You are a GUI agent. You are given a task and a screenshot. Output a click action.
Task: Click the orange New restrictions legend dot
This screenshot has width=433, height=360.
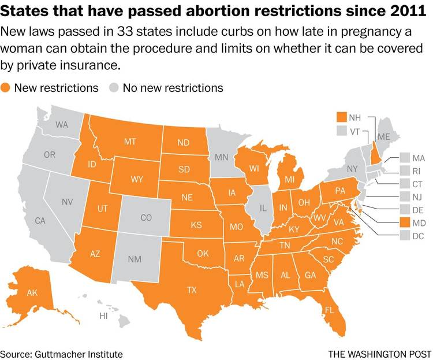coord(6,88)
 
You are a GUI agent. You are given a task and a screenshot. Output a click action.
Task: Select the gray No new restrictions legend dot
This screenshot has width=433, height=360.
coord(115,88)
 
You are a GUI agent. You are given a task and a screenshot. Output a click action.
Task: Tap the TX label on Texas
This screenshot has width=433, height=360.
coord(192,290)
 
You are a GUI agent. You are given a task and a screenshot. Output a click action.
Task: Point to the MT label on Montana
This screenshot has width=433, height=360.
coord(130,141)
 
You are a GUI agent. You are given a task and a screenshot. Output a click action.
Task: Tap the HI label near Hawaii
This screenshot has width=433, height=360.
coord(104,316)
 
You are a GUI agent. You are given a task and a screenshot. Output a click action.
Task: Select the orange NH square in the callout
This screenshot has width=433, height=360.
coord(341,117)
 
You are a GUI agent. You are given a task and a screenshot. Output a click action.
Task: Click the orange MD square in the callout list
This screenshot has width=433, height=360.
coord(403,222)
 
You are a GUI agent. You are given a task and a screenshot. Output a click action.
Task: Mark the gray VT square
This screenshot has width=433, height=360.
coord(341,131)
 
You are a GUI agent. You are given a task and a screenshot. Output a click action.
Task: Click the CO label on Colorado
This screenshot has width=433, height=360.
coord(146,218)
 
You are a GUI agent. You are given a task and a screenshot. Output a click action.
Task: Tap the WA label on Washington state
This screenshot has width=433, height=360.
coord(62,124)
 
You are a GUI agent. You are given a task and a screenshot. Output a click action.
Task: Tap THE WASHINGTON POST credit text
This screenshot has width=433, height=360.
coord(379,353)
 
